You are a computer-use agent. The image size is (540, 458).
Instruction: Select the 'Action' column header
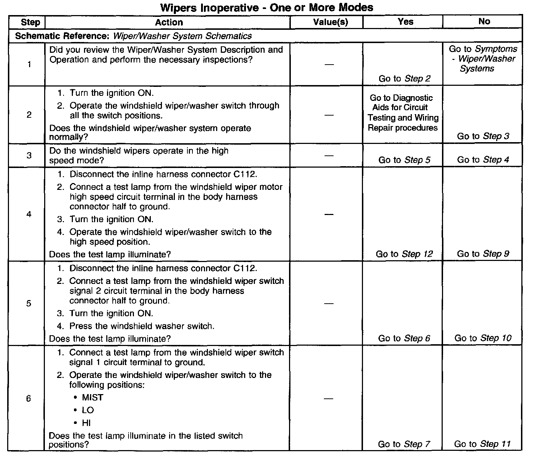(x=169, y=22)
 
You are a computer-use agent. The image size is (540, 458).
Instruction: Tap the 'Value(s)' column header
(x=330, y=22)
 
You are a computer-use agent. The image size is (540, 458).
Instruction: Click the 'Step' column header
(x=31, y=22)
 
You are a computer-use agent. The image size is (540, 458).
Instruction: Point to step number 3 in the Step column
(x=29, y=155)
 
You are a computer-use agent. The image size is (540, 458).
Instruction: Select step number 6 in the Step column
(x=29, y=398)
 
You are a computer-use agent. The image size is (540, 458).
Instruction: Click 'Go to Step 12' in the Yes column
(x=404, y=254)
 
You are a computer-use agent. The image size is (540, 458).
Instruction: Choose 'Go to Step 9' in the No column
(x=483, y=254)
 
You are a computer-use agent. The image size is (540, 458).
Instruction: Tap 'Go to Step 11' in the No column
(x=482, y=444)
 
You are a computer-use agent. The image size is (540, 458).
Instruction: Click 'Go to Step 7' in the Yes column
(x=404, y=444)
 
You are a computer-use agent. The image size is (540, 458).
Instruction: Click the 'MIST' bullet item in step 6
(x=93, y=398)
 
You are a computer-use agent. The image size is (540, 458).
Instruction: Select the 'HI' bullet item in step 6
(x=86, y=423)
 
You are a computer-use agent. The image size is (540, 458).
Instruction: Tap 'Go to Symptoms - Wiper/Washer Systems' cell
(x=483, y=59)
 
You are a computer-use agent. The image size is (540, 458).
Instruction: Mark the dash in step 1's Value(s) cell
(x=329, y=65)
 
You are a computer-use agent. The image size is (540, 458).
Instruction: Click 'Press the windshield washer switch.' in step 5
(x=142, y=326)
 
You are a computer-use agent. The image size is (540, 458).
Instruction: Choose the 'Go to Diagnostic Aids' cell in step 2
(x=403, y=113)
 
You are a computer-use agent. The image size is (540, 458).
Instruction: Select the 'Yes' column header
(x=406, y=22)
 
